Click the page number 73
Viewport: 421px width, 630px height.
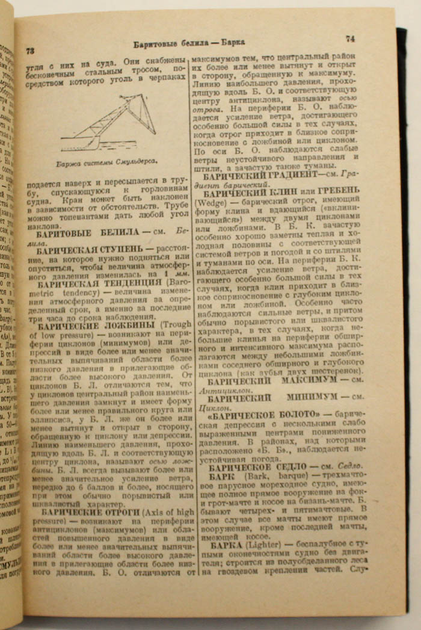[x=29, y=52]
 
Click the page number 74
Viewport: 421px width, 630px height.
[x=350, y=39]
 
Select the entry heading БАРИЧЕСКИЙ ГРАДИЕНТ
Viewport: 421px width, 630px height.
[x=261, y=175]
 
